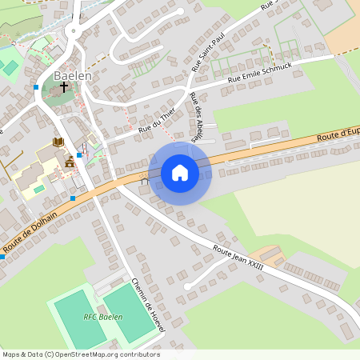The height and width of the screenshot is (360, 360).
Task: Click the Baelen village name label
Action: pyautogui.click(x=73, y=75)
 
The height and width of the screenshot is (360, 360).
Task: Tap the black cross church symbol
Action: pyautogui.click(x=64, y=86)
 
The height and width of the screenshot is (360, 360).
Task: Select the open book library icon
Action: pyautogui.click(x=58, y=142)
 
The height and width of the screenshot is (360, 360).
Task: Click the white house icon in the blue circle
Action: pyautogui.click(x=179, y=173)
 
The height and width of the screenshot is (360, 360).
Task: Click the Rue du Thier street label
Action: pyautogui.click(x=156, y=122)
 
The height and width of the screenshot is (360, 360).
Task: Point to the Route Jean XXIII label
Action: pyautogui.click(x=238, y=253)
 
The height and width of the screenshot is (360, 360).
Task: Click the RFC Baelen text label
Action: pyautogui.click(x=103, y=317)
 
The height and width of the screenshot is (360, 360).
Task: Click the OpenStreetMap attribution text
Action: pyautogui.click(x=80, y=354)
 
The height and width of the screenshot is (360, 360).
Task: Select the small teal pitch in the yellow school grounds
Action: pyautogui.click(x=38, y=189)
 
